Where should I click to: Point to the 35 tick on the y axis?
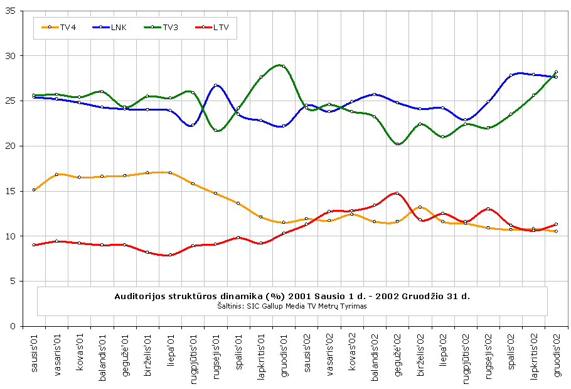12,11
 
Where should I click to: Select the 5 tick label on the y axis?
14,282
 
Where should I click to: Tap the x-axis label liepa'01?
170,354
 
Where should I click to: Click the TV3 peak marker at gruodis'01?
284,66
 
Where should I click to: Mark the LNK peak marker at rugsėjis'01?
215,85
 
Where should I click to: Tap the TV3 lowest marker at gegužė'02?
397,144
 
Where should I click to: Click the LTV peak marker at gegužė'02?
397,194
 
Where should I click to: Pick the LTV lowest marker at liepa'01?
170,255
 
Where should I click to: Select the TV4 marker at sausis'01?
34,190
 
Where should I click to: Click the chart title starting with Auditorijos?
292,295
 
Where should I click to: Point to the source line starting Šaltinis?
292,306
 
